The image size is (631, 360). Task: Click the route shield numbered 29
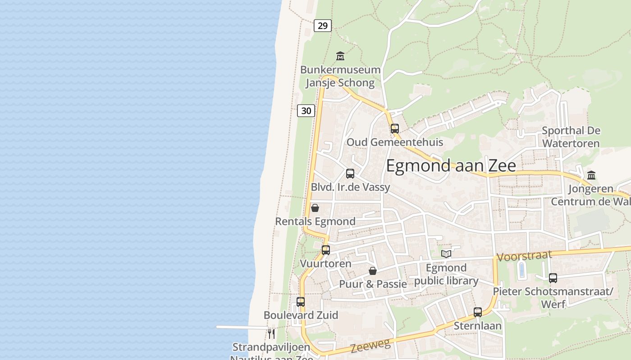323,26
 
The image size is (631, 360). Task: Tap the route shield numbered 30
306,110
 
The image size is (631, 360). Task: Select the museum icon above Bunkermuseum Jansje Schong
340,56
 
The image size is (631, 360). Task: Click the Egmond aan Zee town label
451,166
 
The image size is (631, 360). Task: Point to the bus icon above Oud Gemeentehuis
395,129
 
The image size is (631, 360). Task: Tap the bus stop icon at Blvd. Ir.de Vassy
350,174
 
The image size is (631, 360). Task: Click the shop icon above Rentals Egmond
315,208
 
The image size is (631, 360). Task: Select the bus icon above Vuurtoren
326,250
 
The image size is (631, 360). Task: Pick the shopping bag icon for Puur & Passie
373,271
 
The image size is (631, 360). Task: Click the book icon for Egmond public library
446,254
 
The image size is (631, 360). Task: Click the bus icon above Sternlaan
478,312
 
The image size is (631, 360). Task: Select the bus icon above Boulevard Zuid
301,302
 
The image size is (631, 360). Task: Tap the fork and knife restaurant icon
271,333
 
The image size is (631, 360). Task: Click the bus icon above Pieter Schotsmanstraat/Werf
553,278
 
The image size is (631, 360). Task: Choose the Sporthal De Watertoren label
571,137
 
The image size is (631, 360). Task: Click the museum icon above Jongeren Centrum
591,175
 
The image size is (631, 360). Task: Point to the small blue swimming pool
521,270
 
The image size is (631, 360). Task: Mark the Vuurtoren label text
326,263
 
